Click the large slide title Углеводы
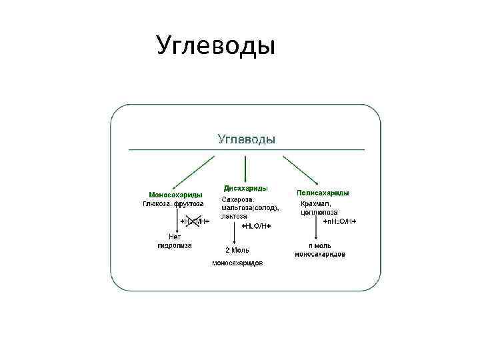pyautogui.click(x=215, y=46)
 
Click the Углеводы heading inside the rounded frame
pyautogui.click(x=247, y=139)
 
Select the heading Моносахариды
pyautogui.click(x=176, y=195)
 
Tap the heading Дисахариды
pyautogui.click(x=246, y=189)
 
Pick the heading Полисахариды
pyautogui.click(x=323, y=193)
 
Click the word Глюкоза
pyautogui.click(x=157, y=203)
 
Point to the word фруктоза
pyautogui.click(x=189, y=203)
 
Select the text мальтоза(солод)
pyautogui.click(x=250, y=208)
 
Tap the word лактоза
pyautogui.click(x=234, y=217)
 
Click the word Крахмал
pyautogui.click(x=315, y=203)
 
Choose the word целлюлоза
pyautogui.click(x=319, y=212)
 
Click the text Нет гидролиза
pyautogui.click(x=174, y=241)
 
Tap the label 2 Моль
pyautogui.click(x=237, y=250)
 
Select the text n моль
pyautogui.click(x=320, y=245)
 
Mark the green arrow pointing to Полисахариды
pyautogui.click(x=301, y=171)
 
